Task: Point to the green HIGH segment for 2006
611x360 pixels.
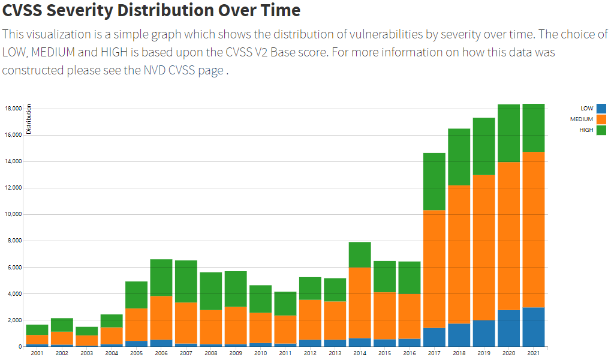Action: point(161,277)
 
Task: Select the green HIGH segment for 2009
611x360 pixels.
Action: point(236,289)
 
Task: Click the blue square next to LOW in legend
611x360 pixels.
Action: point(601,109)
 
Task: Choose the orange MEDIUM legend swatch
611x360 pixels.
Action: point(601,119)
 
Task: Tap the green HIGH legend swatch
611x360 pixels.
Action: point(601,130)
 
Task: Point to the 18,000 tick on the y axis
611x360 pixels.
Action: point(13,109)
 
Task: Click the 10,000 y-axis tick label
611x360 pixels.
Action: point(13,214)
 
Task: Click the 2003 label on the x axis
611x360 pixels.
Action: point(86,353)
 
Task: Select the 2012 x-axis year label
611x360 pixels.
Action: point(310,353)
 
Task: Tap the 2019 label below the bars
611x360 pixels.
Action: point(484,353)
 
